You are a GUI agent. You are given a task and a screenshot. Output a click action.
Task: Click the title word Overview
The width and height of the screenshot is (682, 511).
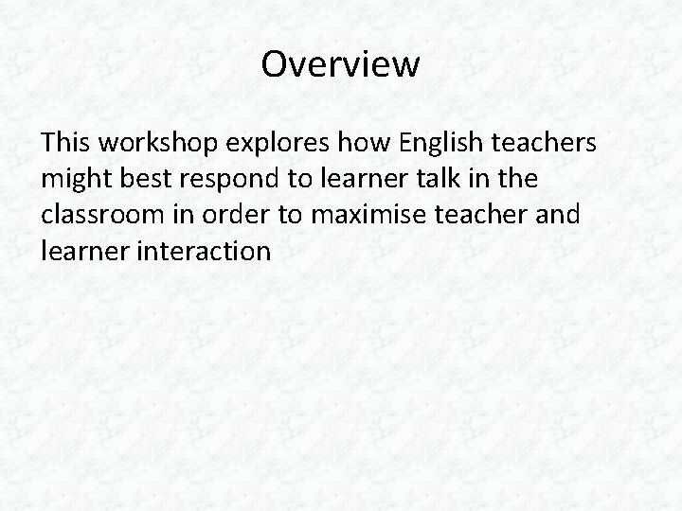(340, 64)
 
